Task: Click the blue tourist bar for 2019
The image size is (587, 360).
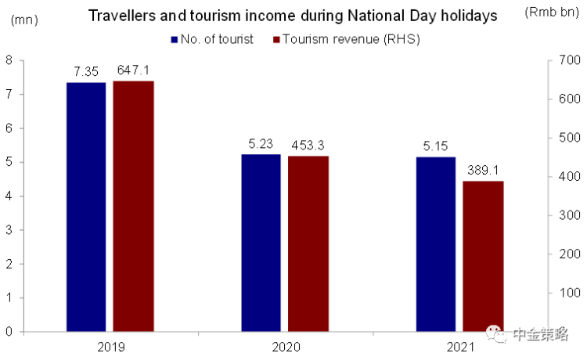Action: (x=86, y=207)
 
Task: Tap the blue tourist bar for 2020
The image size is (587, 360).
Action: (x=261, y=243)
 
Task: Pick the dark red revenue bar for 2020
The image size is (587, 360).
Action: (x=308, y=243)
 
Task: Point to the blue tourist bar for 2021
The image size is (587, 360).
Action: (x=436, y=244)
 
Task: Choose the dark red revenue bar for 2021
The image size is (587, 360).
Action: (x=483, y=256)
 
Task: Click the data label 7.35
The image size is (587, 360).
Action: (x=86, y=71)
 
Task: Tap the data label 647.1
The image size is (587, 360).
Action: (x=134, y=70)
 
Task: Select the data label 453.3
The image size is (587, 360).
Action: (x=308, y=145)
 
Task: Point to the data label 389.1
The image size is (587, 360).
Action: (x=484, y=170)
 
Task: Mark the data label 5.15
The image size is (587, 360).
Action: (x=436, y=146)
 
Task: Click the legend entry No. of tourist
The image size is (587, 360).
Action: (x=211, y=40)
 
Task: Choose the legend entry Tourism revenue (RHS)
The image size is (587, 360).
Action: (x=344, y=40)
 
